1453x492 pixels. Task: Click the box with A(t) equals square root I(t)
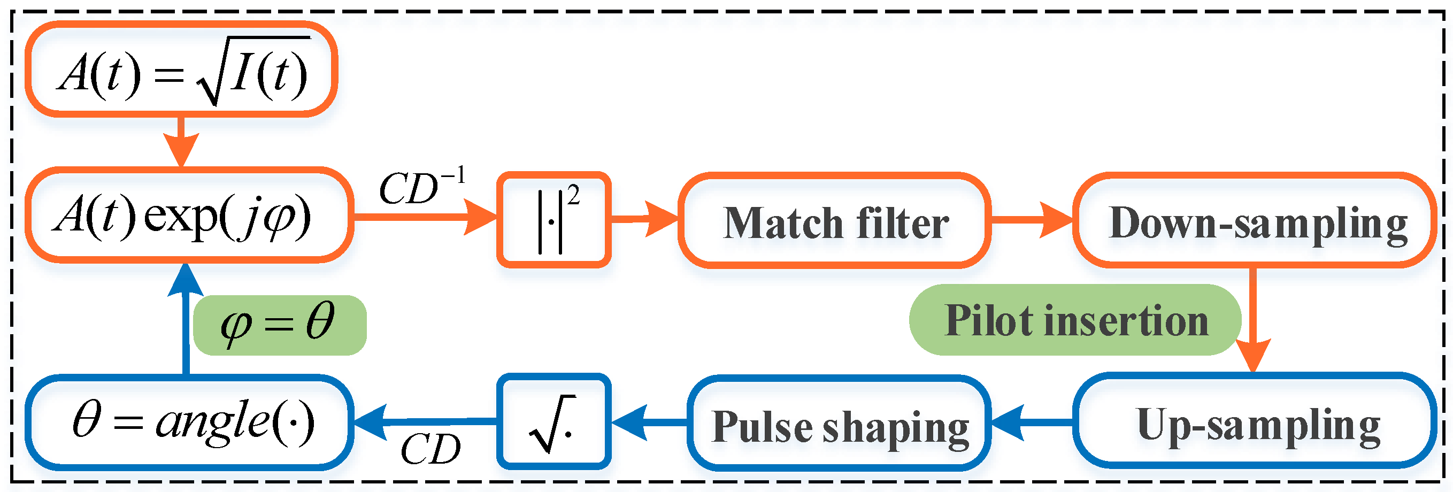pos(182,70)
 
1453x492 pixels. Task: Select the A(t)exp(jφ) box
pos(189,216)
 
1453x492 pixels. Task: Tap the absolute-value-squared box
pos(554,220)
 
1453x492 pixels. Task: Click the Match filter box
pos(834,221)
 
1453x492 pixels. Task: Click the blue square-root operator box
pos(554,422)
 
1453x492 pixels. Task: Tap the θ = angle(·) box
pos(189,422)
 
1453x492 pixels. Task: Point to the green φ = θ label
pos(279,325)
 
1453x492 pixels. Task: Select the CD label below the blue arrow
pos(430,450)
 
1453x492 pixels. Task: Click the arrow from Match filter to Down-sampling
pos(1031,220)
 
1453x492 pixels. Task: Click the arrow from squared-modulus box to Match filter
pos(643,219)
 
